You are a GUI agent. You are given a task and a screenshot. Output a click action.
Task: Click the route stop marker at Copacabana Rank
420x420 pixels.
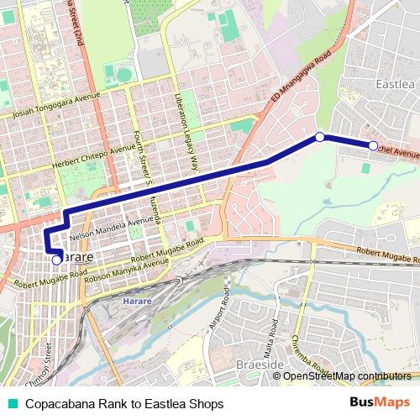(56, 260)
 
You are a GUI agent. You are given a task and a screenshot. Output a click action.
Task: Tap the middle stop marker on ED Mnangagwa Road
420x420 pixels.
(320, 136)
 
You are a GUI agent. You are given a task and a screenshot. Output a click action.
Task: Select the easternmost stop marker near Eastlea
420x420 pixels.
(373, 145)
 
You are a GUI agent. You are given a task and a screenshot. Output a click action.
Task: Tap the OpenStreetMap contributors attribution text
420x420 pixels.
(346, 375)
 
